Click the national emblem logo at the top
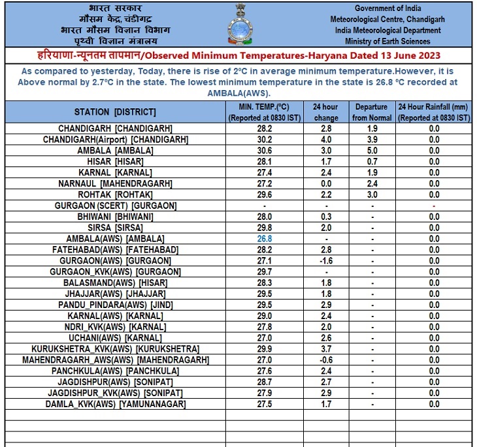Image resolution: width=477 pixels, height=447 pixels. pos(238,22)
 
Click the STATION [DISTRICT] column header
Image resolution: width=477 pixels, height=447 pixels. pos(115,112)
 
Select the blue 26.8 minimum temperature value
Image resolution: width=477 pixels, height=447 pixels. pos(265,239)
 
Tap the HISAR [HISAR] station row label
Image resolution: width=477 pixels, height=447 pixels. pos(116,161)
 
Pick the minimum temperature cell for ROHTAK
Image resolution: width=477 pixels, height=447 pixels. pos(265,194)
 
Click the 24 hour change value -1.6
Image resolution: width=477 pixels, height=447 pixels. pos(326,260)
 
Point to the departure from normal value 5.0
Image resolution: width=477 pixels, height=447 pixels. pos(372,151)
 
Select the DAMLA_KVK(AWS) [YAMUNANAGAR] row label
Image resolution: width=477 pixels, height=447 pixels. pos(116,405)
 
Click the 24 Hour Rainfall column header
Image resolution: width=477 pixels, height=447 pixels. pos(434,112)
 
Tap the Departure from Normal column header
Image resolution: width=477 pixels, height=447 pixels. pos(372,112)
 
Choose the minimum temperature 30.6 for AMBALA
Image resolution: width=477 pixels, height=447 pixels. pos(265,151)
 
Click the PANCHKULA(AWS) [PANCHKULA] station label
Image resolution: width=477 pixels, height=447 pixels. pos(116,371)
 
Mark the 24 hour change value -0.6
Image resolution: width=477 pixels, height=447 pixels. pos(326,360)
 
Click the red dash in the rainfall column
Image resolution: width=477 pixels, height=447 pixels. pos(434,206)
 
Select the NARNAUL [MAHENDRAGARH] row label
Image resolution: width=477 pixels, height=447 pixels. pos(116,183)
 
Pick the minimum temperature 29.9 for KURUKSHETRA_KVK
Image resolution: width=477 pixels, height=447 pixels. pos(265,349)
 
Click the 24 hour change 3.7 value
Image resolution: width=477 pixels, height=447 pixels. pos(326,349)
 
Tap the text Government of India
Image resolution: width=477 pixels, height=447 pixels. pos(388,8)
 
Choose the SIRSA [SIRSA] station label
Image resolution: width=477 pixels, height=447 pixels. pos(116,228)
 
